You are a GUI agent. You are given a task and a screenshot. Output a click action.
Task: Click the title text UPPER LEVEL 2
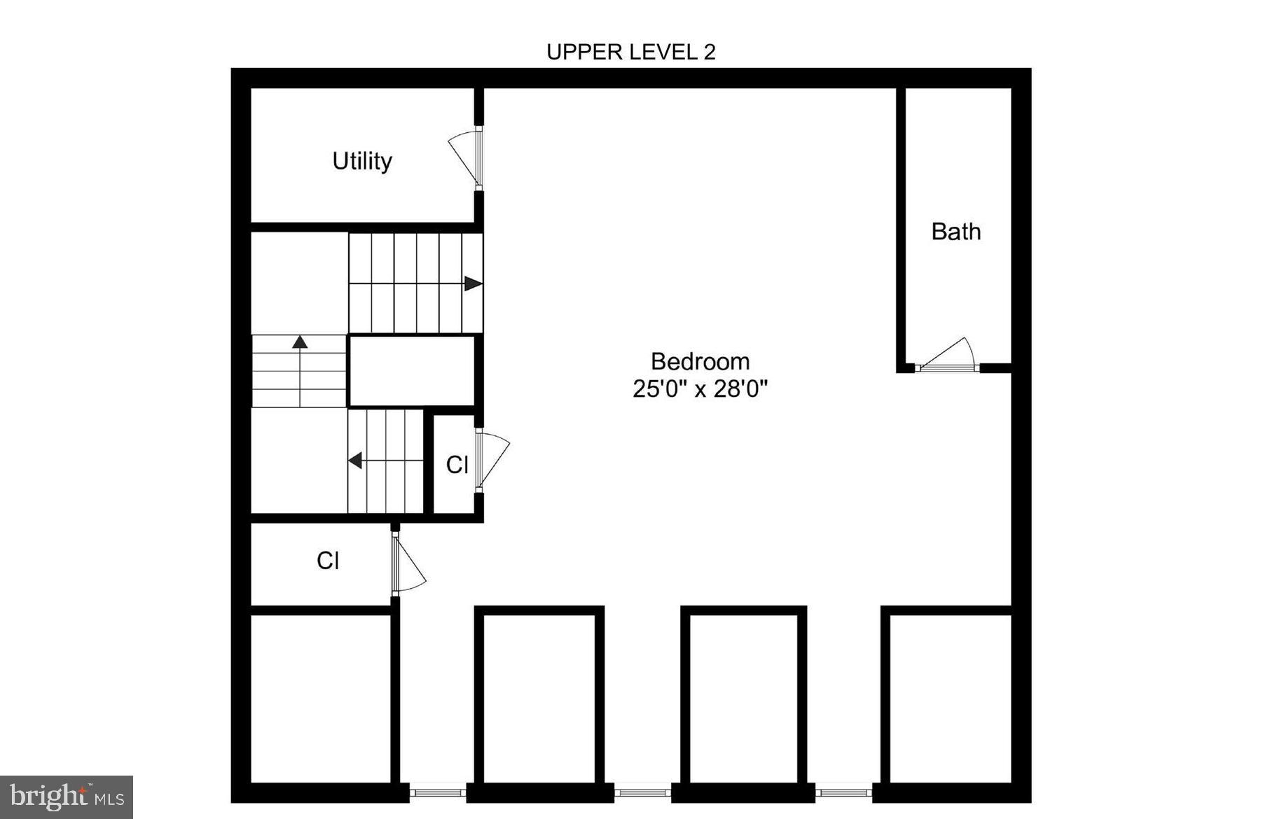630,52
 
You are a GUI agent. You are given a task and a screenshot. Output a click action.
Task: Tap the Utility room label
361,161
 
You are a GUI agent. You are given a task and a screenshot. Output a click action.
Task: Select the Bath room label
955,232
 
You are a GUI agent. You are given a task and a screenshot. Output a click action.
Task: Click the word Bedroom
700,361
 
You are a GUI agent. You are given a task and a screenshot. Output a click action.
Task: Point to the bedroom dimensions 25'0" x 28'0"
700,388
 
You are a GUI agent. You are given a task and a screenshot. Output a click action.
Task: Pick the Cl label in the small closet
457,465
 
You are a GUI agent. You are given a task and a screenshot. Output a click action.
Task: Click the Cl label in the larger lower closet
328,561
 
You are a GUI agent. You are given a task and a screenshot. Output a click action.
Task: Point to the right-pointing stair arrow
473,283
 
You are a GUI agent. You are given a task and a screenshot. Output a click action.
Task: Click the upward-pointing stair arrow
300,342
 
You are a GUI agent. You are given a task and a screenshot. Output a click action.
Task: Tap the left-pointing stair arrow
355,461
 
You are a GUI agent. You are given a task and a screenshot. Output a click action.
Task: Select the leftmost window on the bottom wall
437,792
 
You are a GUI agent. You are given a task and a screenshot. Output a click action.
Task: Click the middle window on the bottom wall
642,792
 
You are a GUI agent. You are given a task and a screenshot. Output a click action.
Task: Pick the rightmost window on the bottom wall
843,792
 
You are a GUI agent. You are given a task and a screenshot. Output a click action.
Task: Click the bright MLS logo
67,797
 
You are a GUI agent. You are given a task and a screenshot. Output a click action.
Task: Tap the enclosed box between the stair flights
412,371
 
